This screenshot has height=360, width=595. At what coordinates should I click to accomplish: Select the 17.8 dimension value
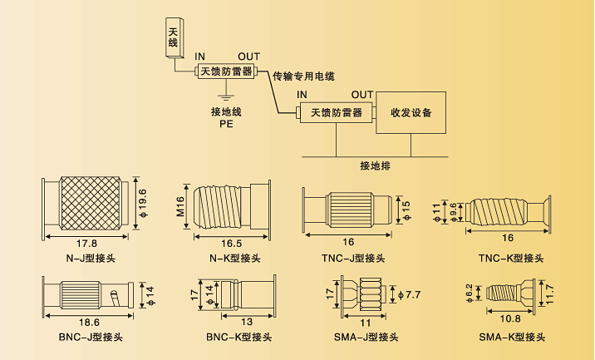tap(87, 244)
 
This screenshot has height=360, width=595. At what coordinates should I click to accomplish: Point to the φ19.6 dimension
tap(142, 205)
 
